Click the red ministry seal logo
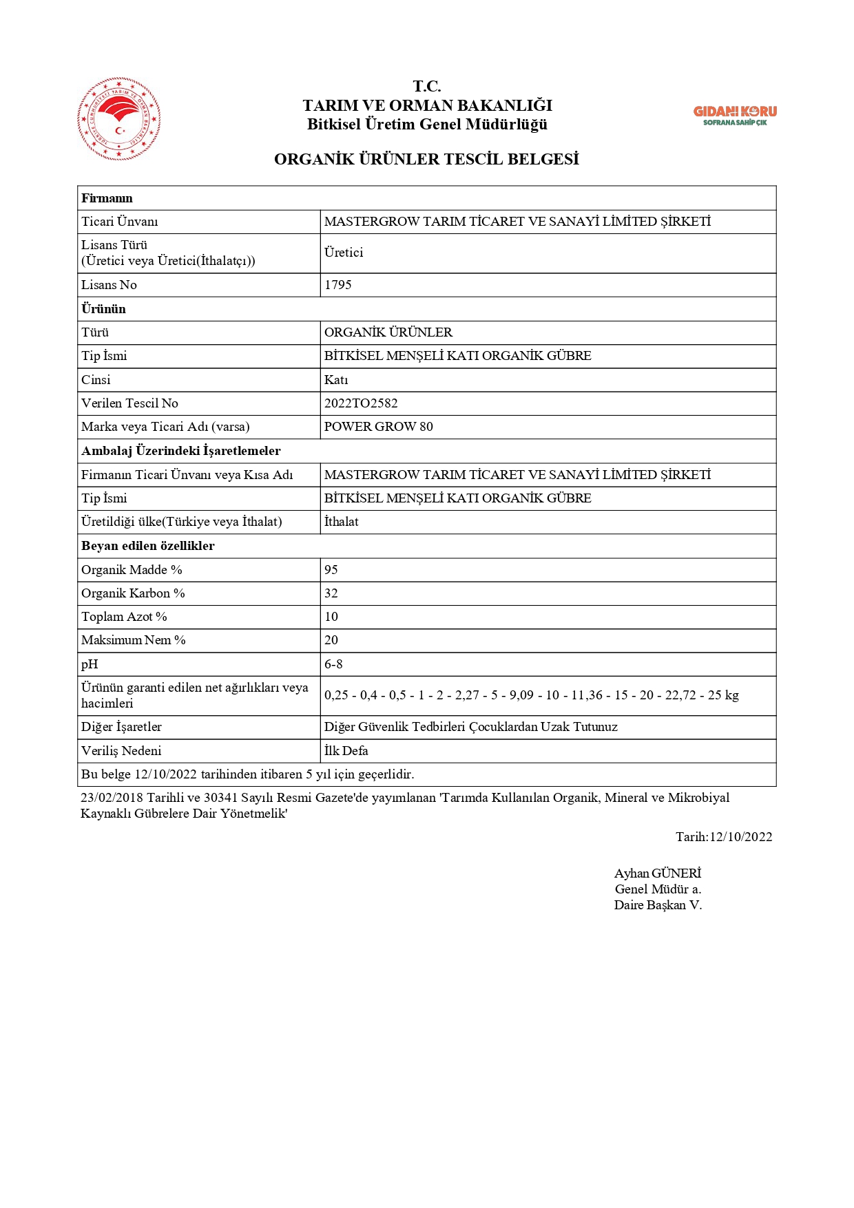point(119,119)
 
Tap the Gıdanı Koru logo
point(735,115)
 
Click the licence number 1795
point(338,285)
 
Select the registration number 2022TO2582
point(361,403)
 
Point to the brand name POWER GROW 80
point(379,427)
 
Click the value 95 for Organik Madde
point(331,570)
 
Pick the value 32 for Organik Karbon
point(331,593)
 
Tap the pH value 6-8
point(333,664)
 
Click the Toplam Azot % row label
point(124,617)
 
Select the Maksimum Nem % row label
point(134,640)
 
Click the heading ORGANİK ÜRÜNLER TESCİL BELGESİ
point(426,160)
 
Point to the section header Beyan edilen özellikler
point(148,546)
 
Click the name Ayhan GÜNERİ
point(658,873)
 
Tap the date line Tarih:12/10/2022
point(724,837)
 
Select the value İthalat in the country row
point(342,522)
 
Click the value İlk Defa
point(346,751)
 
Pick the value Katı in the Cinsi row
point(336,380)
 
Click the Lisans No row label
point(109,285)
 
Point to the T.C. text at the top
point(427,87)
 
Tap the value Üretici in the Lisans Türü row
point(344,253)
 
